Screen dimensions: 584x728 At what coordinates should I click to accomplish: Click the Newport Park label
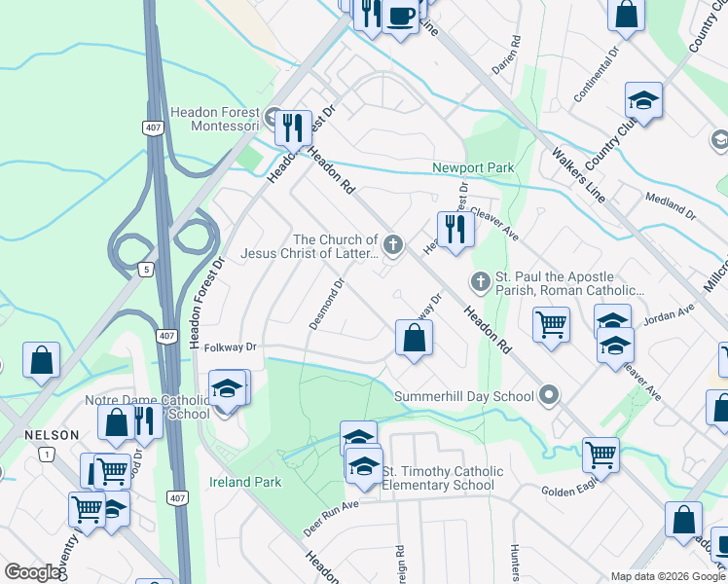point(473,168)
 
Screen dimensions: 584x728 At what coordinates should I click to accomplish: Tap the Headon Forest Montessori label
point(214,119)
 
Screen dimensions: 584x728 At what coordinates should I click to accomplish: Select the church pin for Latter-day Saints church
point(393,244)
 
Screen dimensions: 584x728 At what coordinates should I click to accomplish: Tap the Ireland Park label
point(245,482)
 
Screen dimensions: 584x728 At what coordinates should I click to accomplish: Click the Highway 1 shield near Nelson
point(46,454)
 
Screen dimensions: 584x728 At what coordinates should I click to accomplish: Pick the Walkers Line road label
point(578,174)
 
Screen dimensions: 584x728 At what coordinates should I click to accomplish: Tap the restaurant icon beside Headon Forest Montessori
point(292,128)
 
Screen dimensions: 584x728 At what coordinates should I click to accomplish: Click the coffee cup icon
point(400,16)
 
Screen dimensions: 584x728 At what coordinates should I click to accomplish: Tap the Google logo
point(33,573)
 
